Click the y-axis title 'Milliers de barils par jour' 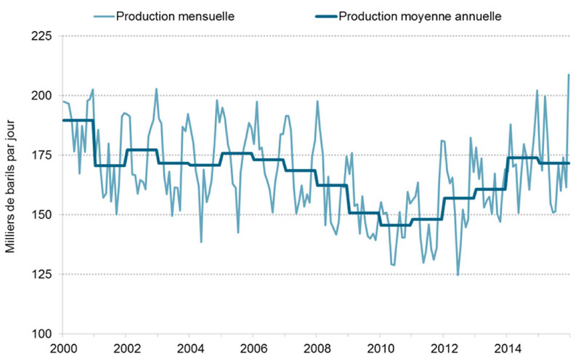coord(11,185)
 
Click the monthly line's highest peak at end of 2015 coord(569,75)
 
